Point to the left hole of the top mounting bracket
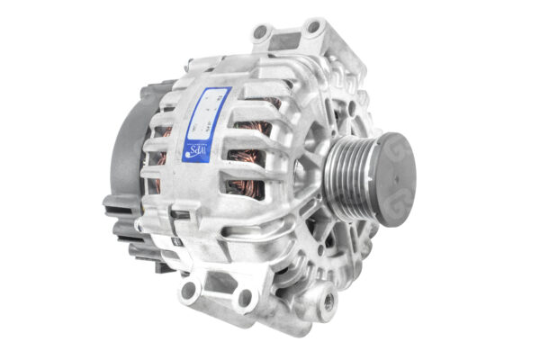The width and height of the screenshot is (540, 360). pyautogui.click(x=261, y=33)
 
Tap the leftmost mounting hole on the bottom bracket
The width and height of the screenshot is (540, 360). pyautogui.click(x=188, y=290)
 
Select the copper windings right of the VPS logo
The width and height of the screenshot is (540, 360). pyautogui.click(x=243, y=166)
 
